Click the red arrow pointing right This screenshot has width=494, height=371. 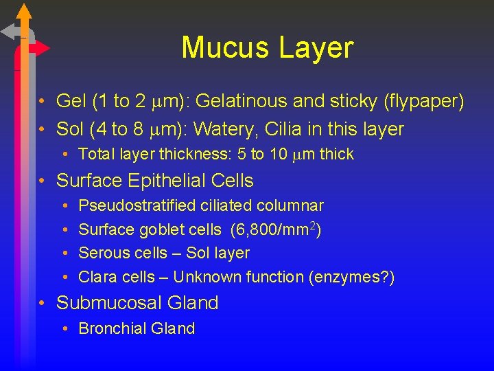point(40,48)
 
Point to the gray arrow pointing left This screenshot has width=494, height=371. point(10,32)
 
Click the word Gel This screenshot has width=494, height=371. point(71,102)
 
